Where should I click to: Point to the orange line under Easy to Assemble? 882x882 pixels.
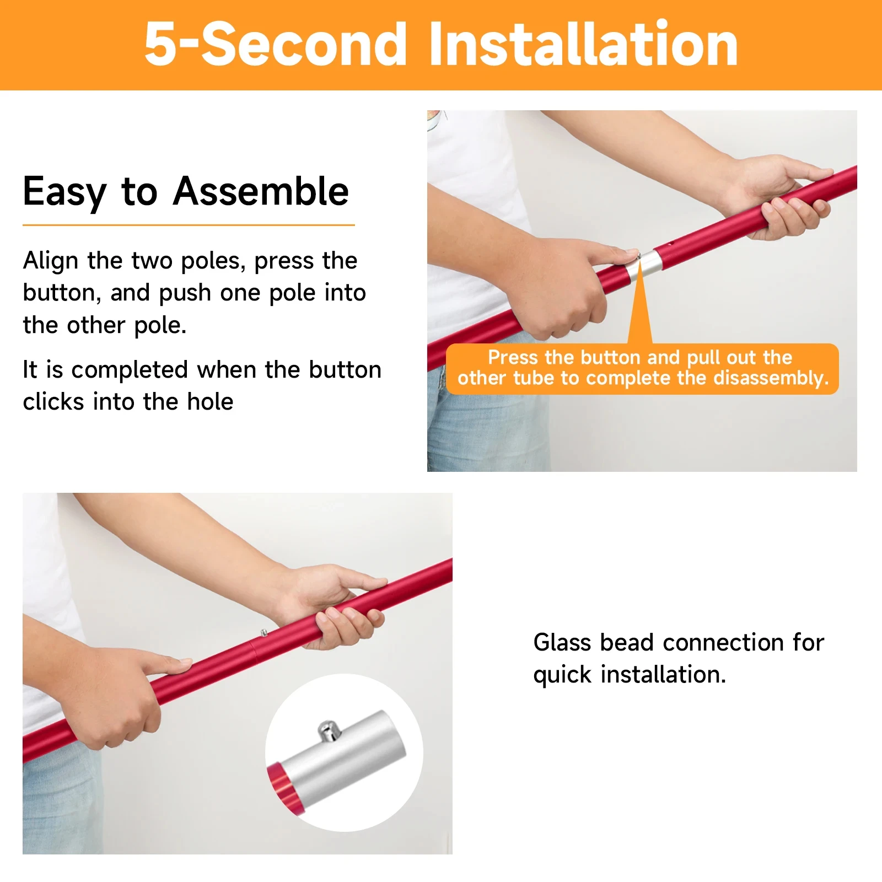click(x=188, y=225)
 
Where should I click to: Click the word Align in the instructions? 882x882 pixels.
click(x=50, y=261)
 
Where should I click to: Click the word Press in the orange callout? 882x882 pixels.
click(x=512, y=358)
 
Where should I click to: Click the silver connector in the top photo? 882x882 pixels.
click(x=645, y=265)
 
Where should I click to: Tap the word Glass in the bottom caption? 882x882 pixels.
click(x=562, y=643)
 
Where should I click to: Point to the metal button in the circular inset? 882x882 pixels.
click(x=329, y=731)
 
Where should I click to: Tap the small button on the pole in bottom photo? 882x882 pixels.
click(x=264, y=633)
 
